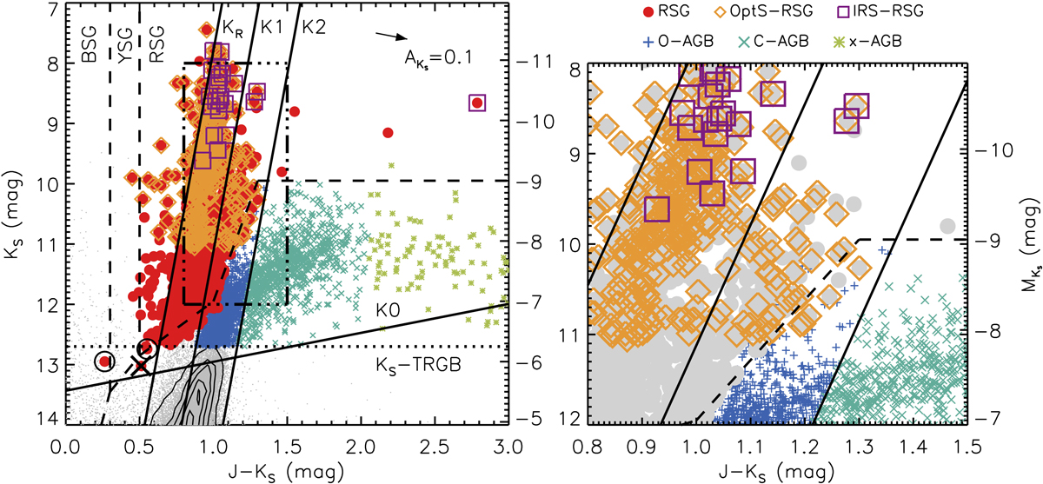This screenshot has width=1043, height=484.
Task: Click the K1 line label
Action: pyautogui.click(x=271, y=26)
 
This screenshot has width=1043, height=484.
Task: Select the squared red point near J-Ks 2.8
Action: pyautogui.click(x=476, y=103)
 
